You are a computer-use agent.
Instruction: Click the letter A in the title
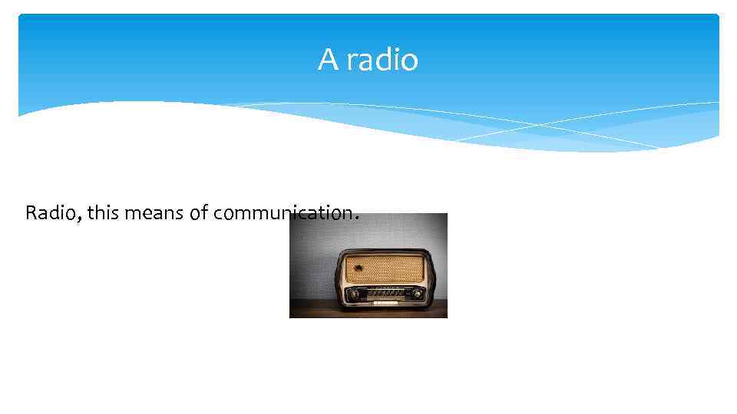(328, 60)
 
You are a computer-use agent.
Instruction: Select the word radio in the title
(382, 60)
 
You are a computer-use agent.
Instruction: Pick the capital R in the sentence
(31, 212)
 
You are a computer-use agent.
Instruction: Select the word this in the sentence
(103, 212)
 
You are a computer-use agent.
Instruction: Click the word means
(154, 213)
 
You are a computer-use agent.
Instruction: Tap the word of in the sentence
(199, 213)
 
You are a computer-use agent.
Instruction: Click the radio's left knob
(353, 294)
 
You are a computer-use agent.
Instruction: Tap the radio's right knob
(417, 294)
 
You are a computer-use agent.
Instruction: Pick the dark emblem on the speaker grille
(358, 268)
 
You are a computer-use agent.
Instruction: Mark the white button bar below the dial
(385, 303)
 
